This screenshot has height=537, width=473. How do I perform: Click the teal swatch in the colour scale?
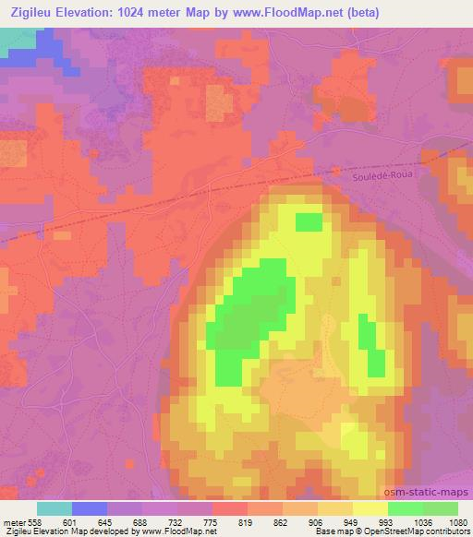click(55, 508)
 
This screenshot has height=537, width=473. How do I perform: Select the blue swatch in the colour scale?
click(90, 508)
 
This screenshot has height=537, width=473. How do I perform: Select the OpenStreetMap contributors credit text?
click(426, 531)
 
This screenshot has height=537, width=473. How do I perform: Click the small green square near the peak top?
click(309, 221)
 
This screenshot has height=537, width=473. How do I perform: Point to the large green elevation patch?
click(247, 318)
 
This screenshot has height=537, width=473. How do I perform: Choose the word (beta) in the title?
click(358, 13)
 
